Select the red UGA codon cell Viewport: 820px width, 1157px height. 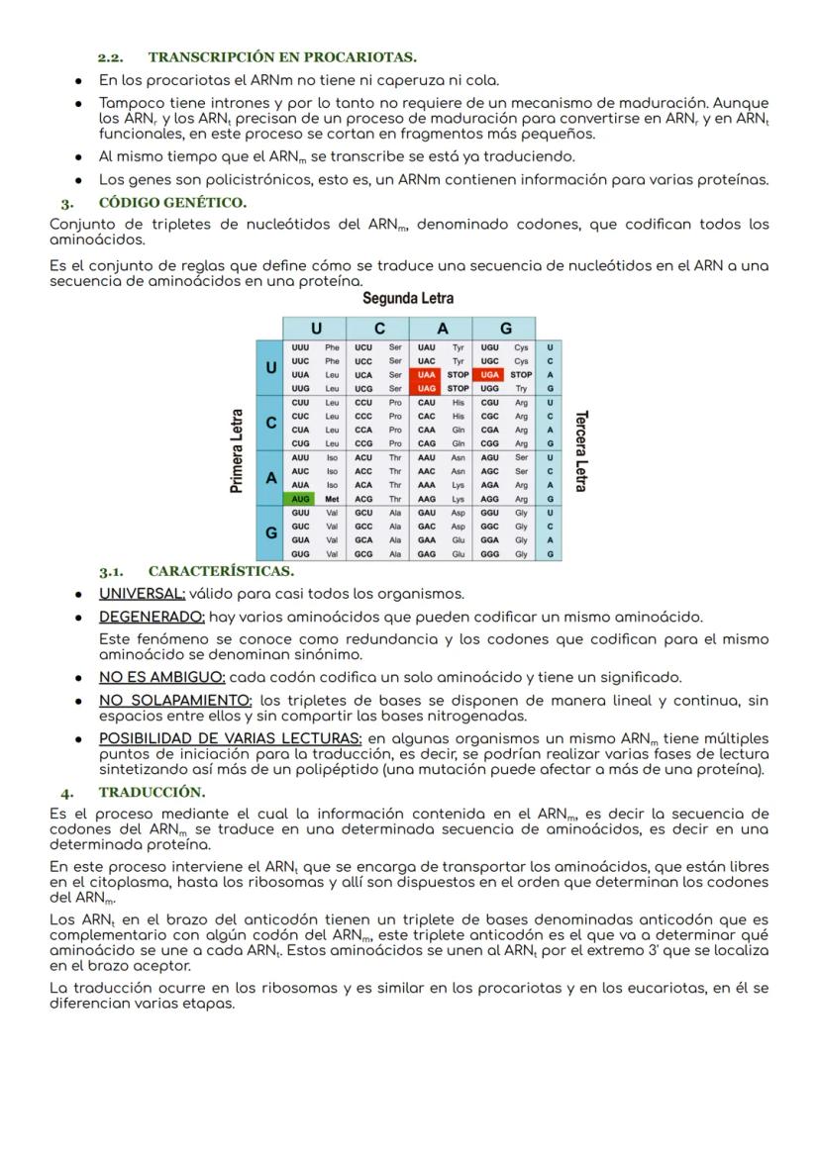click(x=488, y=375)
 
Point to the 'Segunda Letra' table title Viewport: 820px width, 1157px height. click(x=408, y=299)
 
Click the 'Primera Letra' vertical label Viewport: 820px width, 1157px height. click(x=237, y=451)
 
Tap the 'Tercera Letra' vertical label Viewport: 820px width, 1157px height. click(x=580, y=451)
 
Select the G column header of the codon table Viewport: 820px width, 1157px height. click(x=504, y=328)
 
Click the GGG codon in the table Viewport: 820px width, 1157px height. click(x=489, y=555)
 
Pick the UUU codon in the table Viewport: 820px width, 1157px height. click(x=299, y=347)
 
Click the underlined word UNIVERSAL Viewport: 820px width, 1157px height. click(x=142, y=594)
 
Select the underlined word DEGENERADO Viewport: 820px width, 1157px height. click(x=152, y=617)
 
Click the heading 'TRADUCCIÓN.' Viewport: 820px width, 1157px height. click(x=152, y=793)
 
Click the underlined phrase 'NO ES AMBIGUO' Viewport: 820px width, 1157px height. click(x=161, y=678)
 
